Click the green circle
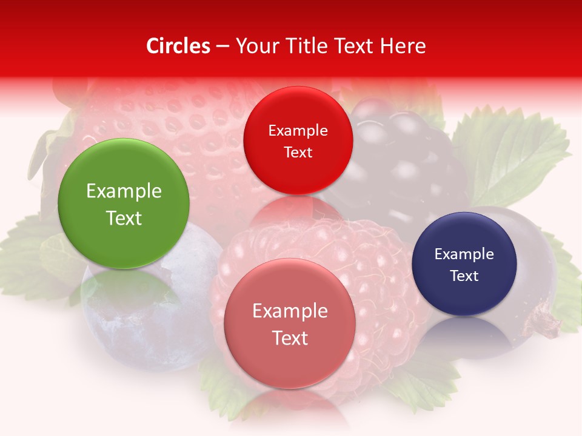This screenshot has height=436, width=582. (x=124, y=204)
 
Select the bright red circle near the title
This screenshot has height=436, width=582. (x=298, y=140)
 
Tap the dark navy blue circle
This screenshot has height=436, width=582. (x=464, y=264)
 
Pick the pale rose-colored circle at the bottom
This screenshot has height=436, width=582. (x=290, y=323)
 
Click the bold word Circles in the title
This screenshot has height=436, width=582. (x=178, y=46)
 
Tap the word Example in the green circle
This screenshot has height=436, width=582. (x=124, y=191)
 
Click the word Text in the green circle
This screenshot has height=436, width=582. (x=124, y=218)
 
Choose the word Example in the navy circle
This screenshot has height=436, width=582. (x=464, y=254)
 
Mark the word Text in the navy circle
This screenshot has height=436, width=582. (x=464, y=276)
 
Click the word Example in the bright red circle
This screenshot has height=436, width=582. (x=298, y=131)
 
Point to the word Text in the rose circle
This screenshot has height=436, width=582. (x=290, y=338)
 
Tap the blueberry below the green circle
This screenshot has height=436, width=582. (x=139, y=303)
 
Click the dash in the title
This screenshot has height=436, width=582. (x=222, y=46)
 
